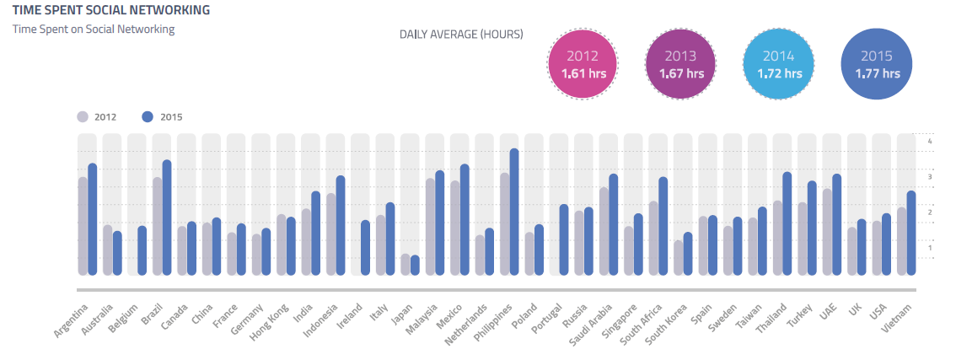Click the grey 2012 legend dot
[x=83, y=117]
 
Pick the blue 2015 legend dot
[x=147, y=117]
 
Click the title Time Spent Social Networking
[x=111, y=11]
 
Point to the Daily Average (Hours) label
[x=461, y=35]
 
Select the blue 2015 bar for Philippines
[x=514, y=212]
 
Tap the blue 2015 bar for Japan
[x=415, y=265]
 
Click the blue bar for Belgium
[x=142, y=250]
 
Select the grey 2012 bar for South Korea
[x=678, y=258]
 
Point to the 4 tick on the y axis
[x=929, y=142]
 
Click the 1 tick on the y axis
[x=929, y=248]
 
